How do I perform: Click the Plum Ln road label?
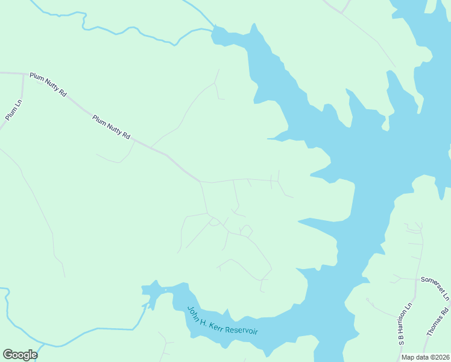tap(13, 110)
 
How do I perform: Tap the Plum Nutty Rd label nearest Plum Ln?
tap(48, 85)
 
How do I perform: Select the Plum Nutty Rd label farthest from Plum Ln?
tap(112, 127)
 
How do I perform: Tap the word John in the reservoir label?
tap(194, 313)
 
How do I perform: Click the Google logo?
tap(20, 355)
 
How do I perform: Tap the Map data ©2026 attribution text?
tap(425, 357)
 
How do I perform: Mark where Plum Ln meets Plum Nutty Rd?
tap(23, 74)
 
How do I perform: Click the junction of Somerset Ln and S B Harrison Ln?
tap(417, 279)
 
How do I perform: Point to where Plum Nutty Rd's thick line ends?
tap(200, 180)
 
